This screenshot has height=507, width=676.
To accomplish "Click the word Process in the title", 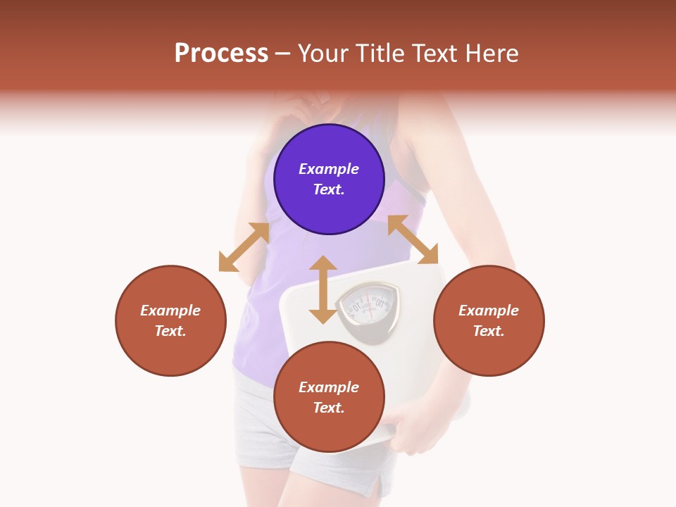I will (x=221, y=54).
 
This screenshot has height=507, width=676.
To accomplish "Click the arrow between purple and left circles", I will (x=244, y=247).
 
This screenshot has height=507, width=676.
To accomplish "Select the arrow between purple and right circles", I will (x=413, y=239).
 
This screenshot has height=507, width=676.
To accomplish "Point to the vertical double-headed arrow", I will (x=323, y=289).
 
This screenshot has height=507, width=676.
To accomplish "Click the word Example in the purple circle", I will (x=329, y=169).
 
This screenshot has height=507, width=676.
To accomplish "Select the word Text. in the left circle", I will (x=170, y=331).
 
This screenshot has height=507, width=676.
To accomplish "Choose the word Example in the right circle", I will (x=489, y=311).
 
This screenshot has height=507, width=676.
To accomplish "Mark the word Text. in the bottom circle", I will (x=329, y=408).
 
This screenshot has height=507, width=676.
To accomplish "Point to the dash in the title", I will (x=282, y=54).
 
